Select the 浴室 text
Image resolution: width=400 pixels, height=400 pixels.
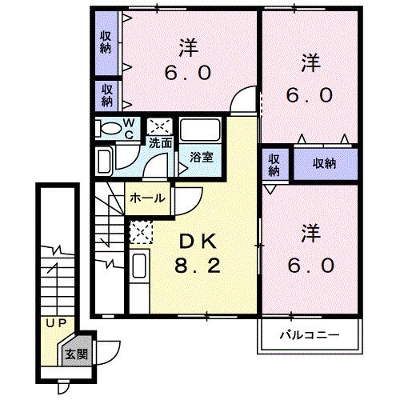coord(200,158)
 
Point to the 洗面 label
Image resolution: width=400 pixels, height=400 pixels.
coord(160,144)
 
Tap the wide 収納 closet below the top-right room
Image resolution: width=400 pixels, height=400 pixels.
coord(323,162)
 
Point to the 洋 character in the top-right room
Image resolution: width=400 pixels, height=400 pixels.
coord(310,62)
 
